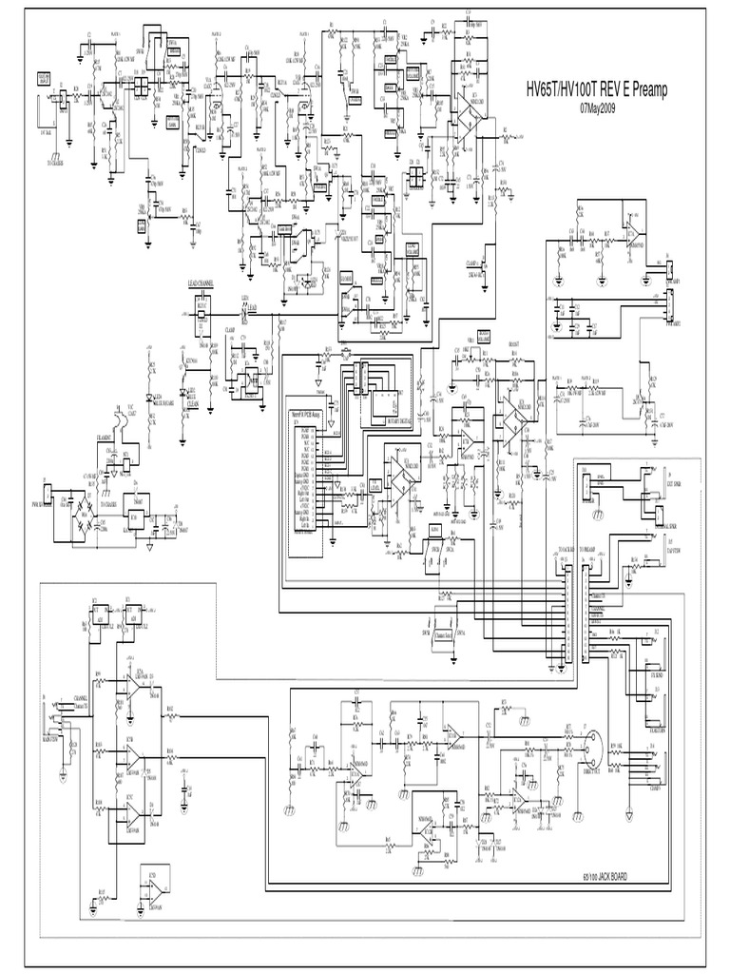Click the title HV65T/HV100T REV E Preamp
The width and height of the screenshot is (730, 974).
click(598, 90)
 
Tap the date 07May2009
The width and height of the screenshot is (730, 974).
click(598, 107)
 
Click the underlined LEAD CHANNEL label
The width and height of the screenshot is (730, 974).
click(201, 283)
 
